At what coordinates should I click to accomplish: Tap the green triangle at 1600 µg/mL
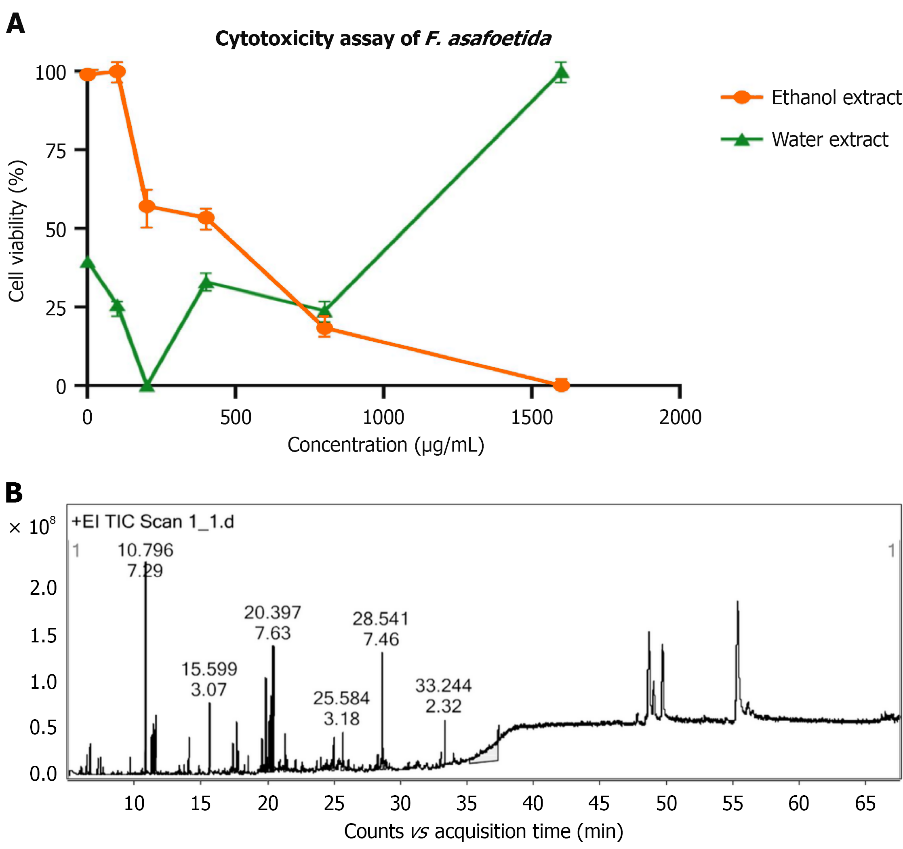pos(562,72)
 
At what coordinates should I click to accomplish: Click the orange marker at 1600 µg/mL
pos(562,385)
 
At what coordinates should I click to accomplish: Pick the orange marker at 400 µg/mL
pos(206,218)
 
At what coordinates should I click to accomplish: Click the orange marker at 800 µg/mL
pos(324,328)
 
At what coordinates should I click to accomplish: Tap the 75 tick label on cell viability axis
pos(56,151)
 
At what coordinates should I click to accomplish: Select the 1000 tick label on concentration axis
pos(383,417)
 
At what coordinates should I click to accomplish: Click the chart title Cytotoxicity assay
pos(383,39)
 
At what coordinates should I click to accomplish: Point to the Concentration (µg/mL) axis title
pos(385,444)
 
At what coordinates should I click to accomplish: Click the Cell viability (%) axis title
pos(17,231)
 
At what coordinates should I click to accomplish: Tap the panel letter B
pos(14,493)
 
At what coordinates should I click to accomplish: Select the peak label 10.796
pos(145,550)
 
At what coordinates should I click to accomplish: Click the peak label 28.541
pos(381,619)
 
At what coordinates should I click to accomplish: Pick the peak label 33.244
pos(443,685)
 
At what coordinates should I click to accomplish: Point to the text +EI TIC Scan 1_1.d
pos(153,522)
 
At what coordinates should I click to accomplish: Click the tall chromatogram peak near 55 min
pos(737,604)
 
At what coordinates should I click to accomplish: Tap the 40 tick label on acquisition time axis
pos(533,804)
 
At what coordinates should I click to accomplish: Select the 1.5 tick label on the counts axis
pos(44,636)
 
